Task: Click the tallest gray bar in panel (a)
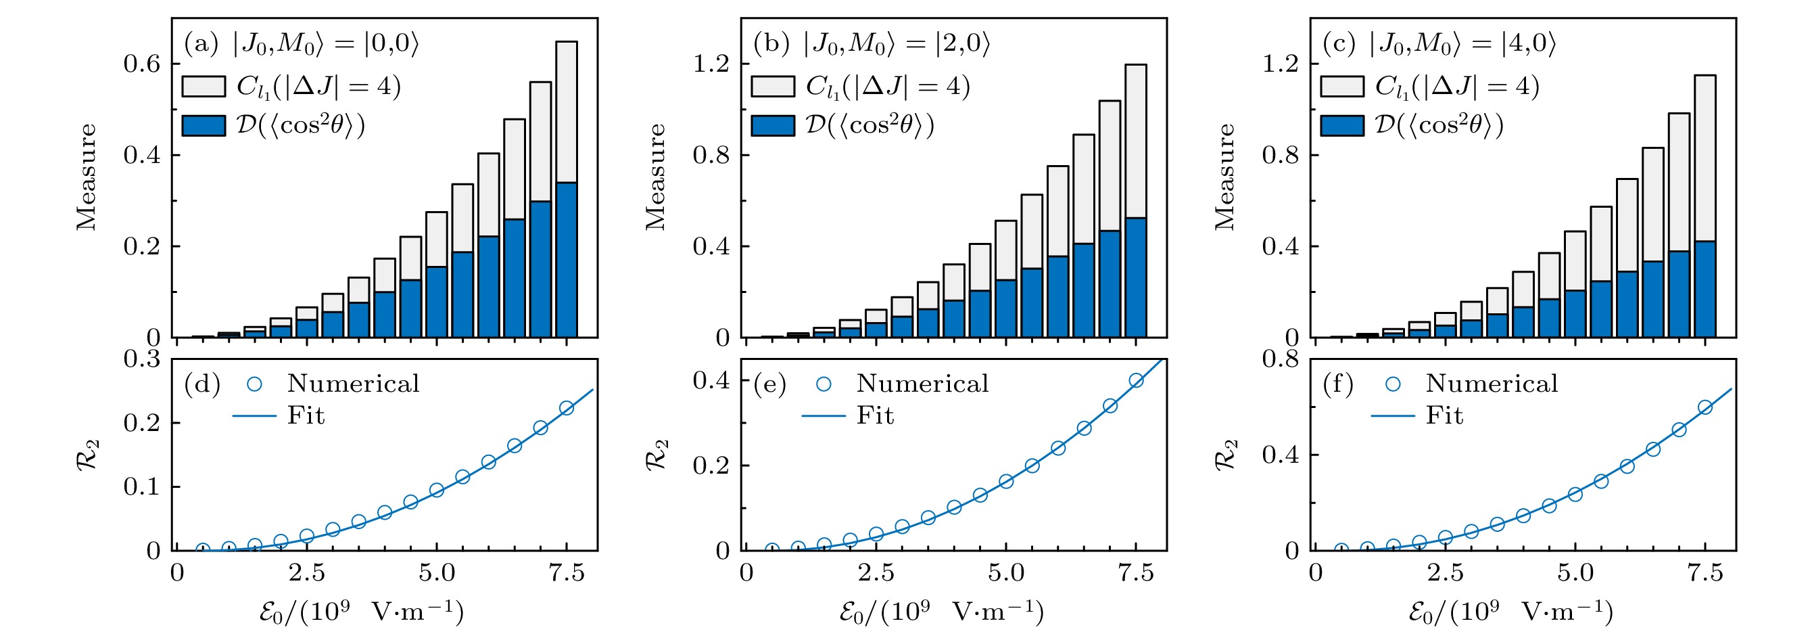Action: [x=567, y=112]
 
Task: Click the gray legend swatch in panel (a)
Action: [x=204, y=87]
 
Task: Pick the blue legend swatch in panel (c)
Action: [x=1342, y=126]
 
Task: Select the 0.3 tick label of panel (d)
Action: [x=142, y=359]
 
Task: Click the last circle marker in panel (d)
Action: [x=567, y=409]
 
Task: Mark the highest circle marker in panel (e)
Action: [x=1136, y=381]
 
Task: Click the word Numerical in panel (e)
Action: [x=922, y=384]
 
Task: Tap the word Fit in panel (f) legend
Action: [x=1444, y=416]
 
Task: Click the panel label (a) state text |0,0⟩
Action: [x=391, y=43]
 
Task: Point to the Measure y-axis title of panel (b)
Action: [x=656, y=177]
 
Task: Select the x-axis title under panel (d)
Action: [x=361, y=612]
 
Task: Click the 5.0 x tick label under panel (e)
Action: [x=1005, y=574]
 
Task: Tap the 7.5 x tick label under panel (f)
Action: [x=1705, y=574]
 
